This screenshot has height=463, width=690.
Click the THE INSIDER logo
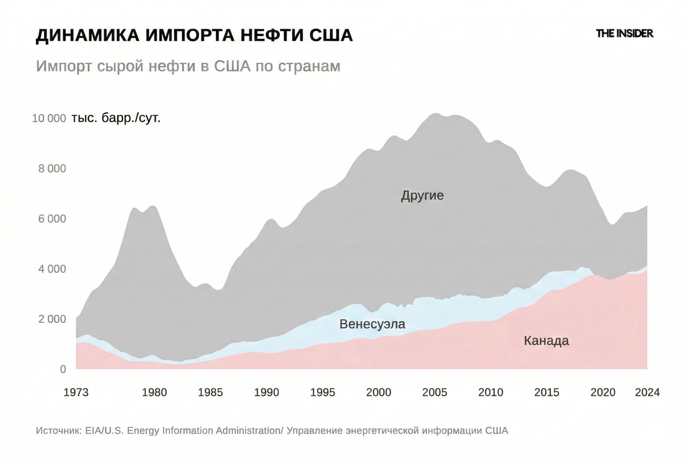coord(624,34)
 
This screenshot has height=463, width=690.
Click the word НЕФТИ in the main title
coord(270,35)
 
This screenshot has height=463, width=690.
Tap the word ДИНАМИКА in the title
coord(88,35)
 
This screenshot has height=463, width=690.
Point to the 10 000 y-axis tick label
coord(49,118)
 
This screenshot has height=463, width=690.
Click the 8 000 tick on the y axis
coord(52,169)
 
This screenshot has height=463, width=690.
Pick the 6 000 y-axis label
coord(52,219)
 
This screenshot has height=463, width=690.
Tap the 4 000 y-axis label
coord(52,269)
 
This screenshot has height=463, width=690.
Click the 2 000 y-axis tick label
coord(52,319)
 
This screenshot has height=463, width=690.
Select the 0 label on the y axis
coord(63,369)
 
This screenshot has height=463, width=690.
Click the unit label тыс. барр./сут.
coord(116,118)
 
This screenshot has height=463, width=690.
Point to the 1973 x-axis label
coord(76,392)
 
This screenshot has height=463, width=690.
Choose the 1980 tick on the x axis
coord(155,392)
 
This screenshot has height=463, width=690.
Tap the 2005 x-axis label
coord(435,392)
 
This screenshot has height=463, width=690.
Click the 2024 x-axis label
coord(647,392)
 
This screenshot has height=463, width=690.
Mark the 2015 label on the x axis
coord(547,392)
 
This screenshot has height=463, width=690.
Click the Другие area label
coord(422,196)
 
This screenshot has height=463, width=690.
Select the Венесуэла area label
coord(372,324)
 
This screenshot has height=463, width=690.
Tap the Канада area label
coord(546,341)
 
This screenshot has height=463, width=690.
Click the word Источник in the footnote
coord(58,431)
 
